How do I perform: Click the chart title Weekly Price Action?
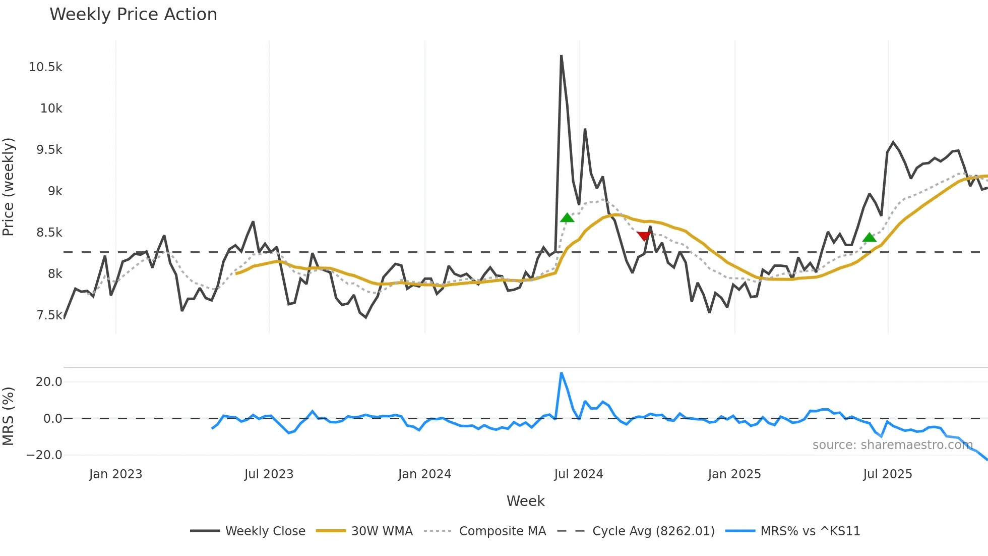tap(133, 15)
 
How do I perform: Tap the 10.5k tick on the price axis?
tap(45, 67)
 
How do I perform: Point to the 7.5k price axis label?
tap(49, 315)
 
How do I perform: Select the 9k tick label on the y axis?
tap(55, 191)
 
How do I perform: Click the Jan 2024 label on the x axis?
tap(424, 474)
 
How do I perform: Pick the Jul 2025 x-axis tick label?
tap(888, 474)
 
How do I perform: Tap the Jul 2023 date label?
tap(269, 474)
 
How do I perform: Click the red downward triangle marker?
tap(644, 236)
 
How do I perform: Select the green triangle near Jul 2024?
tap(567, 218)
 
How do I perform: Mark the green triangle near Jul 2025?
tap(869, 237)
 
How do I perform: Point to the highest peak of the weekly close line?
tap(561, 56)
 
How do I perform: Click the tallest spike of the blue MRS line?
tap(561, 373)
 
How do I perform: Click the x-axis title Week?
tap(525, 501)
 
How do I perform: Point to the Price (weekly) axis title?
tap(9, 187)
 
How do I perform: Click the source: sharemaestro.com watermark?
tap(892, 445)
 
